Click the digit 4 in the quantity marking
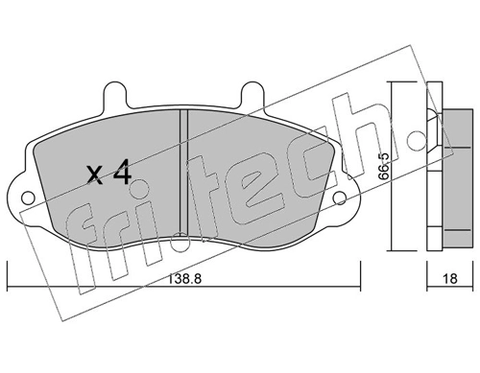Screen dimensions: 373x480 point(123,175)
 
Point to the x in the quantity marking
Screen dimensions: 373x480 point(95,175)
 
